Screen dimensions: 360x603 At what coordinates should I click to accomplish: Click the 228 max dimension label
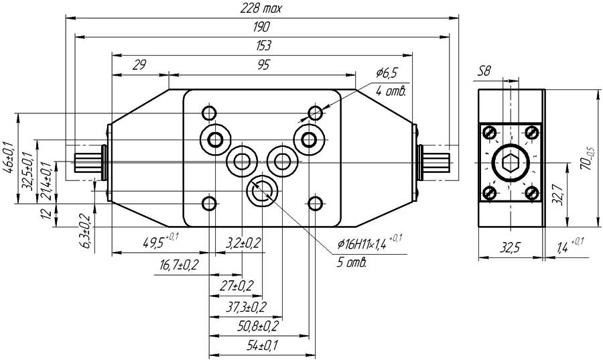pyautogui.click(x=263, y=9)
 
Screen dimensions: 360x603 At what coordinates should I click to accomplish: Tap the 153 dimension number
pyautogui.click(x=263, y=46)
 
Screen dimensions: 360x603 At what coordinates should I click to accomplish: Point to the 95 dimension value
pyautogui.click(x=263, y=64)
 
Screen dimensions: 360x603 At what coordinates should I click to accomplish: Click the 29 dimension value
pyautogui.click(x=139, y=64)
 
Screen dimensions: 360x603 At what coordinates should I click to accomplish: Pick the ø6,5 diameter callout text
pyautogui.click(x=387, y=72)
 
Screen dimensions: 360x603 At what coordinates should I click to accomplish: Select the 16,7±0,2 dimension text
pyautogui.click(x=179, y=265)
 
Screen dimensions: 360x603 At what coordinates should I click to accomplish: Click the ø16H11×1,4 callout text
pyautogui.click(x=370, y=245)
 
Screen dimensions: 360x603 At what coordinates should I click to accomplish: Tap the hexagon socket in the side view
pyautogui.click(x=511, y=162)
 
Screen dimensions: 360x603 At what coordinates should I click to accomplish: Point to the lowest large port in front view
pyautogui.click(x=262, y=191)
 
